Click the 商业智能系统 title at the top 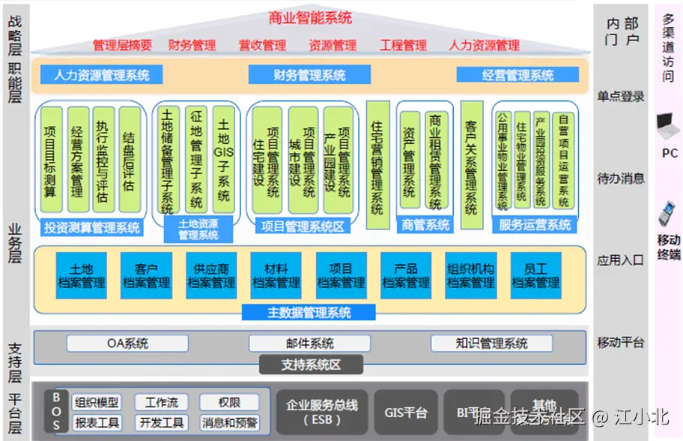pos(310,17)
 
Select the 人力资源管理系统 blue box pos(101,75)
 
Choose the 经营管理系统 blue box pos(517,75)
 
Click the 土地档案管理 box pos(82,276)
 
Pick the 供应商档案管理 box pos(211,276)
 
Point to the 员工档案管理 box pos(535,276)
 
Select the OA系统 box pos(127,343)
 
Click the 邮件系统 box pos(309,343)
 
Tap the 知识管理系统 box pos(491,343)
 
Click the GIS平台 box pos(406,412)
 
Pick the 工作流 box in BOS pos(162,402)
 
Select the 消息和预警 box pos(229,423)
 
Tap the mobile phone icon pos(666,214)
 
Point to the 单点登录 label pos(621,96)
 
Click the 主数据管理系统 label pos(309,313)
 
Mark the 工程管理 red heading pos(403,45)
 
